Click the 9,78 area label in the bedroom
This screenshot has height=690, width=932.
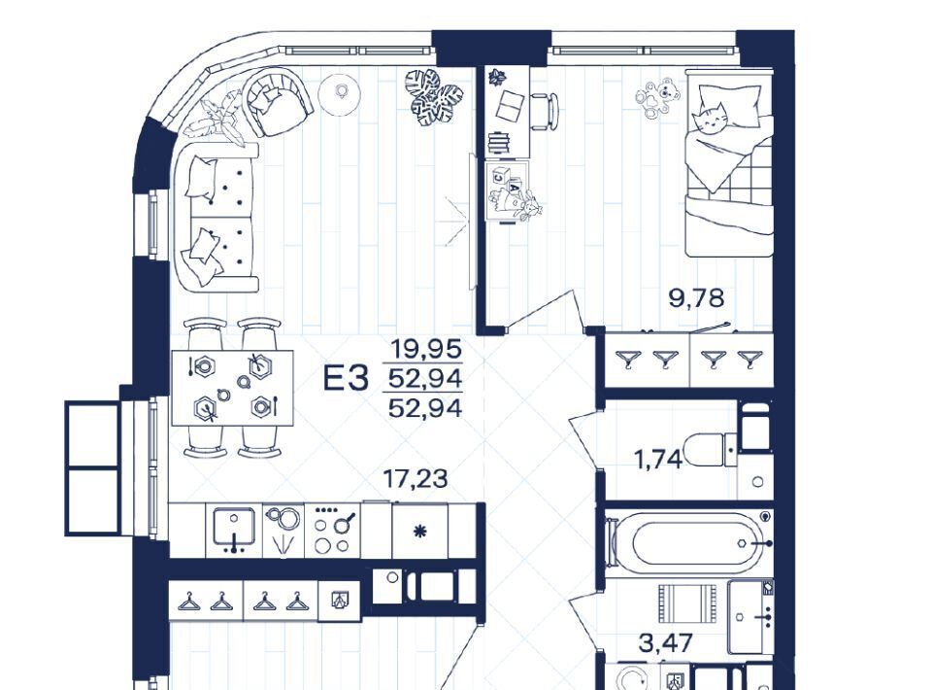coord(697,297)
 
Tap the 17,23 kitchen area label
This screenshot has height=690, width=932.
coord(415,478)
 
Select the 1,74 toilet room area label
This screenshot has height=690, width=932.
coord(658,459)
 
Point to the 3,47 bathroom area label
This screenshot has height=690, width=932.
coord(666,642)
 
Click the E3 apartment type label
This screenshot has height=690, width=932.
coord(346,379)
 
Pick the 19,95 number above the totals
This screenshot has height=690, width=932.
coord(425,348)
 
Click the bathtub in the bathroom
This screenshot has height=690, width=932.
coord(689,543)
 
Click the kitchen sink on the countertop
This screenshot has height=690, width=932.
coord(234,529)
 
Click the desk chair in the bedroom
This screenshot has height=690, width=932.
coord(544,111)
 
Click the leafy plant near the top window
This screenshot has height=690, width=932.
coord(434,97)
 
